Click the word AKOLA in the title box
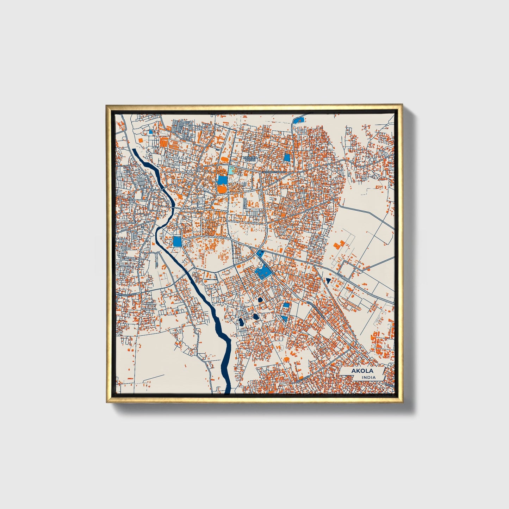(x=362, y=371)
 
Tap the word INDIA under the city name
(x=368, y=378)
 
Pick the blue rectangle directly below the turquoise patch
(x=222, y=180)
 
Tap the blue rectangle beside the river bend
(x=177, y=241)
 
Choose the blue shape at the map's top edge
(x=299, y=120)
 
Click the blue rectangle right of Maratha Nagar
(x=287, y=157)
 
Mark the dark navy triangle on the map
(x=328, y=281)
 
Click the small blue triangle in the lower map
(x=284, y=318)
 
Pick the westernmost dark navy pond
(x=241, y=322)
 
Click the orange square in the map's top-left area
(x=141, y=140)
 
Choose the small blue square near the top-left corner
(x=151, y=132)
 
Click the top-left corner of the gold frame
(x=106, y=106)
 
